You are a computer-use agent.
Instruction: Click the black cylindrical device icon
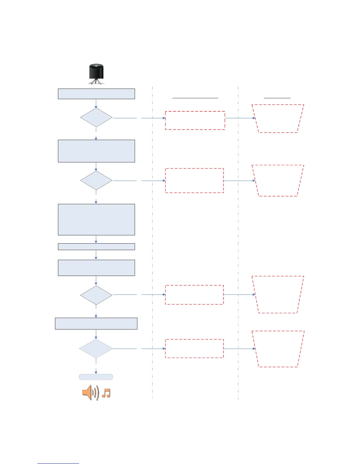point(96,74)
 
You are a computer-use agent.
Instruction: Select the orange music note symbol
point(106,393)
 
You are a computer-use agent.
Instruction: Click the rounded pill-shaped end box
point(96,377)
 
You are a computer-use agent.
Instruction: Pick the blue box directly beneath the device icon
point(96,94)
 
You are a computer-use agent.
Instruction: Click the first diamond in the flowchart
point(96,118)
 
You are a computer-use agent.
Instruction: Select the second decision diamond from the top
point(96,180)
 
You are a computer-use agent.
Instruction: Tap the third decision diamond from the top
point(96,295)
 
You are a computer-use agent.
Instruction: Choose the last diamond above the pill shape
point(96,349)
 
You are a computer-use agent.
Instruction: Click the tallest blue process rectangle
point(96,219)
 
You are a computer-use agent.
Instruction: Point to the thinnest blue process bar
point(96,247)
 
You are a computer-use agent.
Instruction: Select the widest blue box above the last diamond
point(96,323)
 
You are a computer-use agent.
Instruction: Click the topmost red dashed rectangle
point(195,120)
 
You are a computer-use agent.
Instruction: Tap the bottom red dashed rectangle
point(194,348)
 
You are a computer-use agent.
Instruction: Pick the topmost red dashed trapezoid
point(278,119)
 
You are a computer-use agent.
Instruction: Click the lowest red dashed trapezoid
point(278,349)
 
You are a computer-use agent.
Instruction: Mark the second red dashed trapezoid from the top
point(278,181)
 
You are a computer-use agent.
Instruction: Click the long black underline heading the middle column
point(195,97)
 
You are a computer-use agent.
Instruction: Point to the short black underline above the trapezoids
point(277,97)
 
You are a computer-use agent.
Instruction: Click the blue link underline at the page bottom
point(58,463)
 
